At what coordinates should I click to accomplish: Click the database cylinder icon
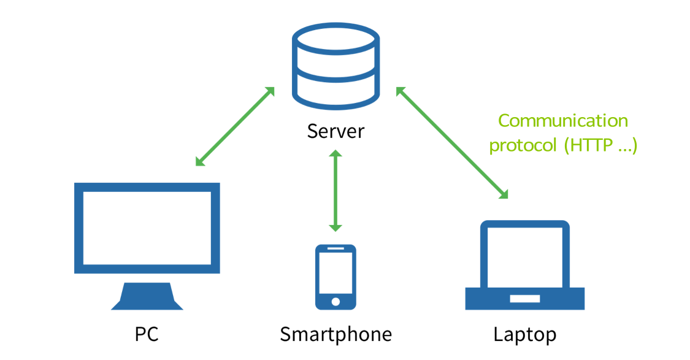point(335,66)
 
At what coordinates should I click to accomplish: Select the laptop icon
point(524,265)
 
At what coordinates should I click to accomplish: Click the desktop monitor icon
point(147,245)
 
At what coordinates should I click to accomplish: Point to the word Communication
point(563,121)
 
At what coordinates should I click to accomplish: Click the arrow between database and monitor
point(235,126)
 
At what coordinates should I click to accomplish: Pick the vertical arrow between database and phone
point(335,190)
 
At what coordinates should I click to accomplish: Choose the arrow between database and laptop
point(453,142)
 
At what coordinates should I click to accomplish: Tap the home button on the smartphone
point(335,301)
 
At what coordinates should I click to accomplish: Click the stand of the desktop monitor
point(147,297)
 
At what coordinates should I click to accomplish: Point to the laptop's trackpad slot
point(524,299)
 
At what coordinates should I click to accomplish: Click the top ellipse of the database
point(335,39)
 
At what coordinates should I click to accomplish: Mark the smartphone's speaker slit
point(335,248)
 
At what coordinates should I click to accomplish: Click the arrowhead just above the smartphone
point(335,228)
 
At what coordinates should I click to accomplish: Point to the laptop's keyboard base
point(524,298)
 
